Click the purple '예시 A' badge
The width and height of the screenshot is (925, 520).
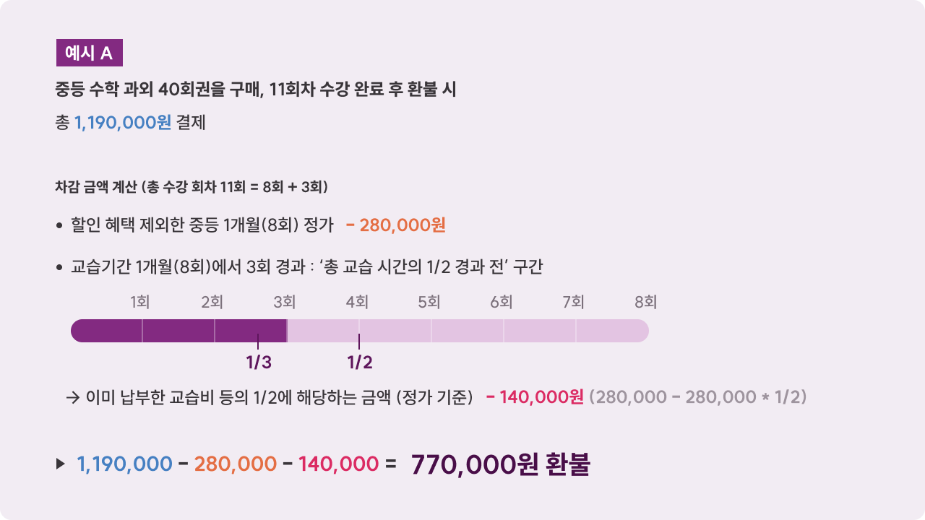[89, 53]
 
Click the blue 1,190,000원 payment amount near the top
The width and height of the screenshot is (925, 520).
[123, 123]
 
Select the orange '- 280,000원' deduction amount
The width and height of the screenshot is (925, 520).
[396, 225]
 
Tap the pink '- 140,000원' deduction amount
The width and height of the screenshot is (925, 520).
[535, 397]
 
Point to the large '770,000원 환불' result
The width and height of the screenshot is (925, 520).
[500, 464]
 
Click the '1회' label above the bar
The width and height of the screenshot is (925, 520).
[140, 302]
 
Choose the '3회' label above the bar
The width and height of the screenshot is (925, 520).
[285, 302]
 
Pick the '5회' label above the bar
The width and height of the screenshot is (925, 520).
[429, 302]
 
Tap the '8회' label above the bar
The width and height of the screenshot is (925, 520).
[646, 302]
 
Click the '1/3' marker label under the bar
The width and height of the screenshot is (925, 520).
[259, 363]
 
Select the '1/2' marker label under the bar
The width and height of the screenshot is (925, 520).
[360, 363]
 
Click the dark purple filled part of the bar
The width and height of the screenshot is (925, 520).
[178, 331]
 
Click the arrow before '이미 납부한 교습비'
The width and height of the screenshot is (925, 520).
[72, 397]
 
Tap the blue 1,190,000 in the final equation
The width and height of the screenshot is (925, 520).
[124, 464]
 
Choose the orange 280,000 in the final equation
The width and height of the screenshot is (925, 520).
[236, 464]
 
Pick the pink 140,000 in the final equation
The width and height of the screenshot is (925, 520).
[338, 464]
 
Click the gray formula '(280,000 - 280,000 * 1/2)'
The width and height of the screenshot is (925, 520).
[698, 397]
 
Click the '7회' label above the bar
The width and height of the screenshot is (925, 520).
[574, 302]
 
